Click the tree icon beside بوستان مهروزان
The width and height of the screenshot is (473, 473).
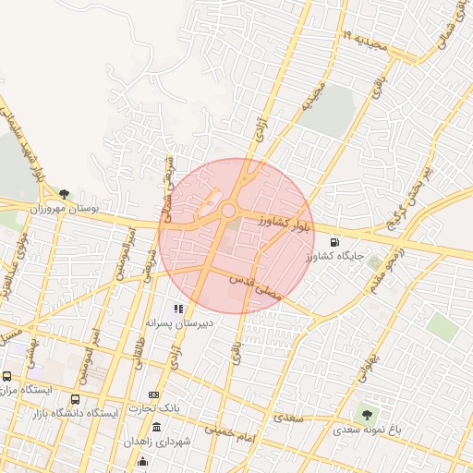[64, 194]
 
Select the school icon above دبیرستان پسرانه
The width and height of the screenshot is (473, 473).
[178, 309]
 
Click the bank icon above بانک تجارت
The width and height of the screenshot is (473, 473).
[153, 394]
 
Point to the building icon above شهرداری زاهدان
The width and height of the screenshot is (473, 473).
[156, 428]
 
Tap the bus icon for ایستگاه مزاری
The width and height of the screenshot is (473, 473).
[7, 376]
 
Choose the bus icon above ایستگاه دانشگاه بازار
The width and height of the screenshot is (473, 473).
[75, 399]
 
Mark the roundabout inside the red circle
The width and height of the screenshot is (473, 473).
[227, 212]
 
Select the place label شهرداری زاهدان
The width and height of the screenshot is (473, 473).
[160, 443]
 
